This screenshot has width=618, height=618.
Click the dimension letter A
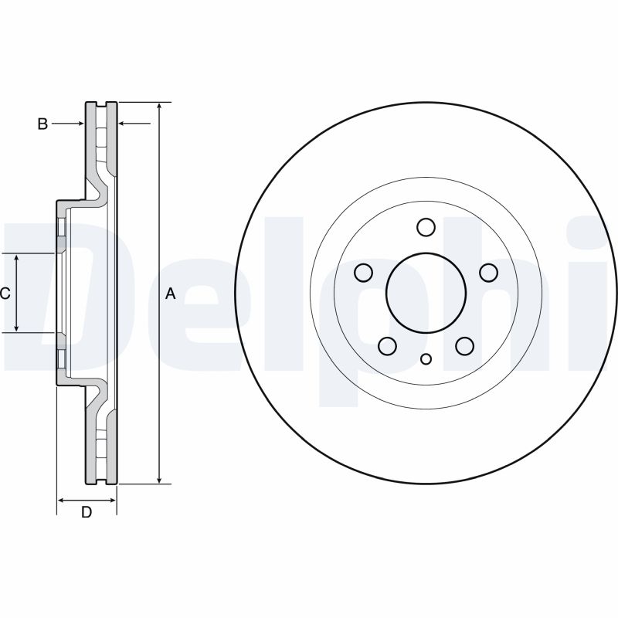click(171, 294)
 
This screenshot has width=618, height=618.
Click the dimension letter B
click(43, 124)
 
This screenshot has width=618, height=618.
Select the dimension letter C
click(5, 294)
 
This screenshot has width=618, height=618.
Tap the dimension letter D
click(87, 512)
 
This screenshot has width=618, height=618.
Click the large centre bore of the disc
click(426, 293)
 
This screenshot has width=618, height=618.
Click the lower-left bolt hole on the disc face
click(388, 346)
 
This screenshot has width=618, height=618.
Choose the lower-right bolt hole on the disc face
click(464, 346)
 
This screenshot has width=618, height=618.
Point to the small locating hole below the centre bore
click(426, 358)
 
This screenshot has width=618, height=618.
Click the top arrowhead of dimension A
click(159, 107)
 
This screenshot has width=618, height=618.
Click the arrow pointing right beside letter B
click(79, 124)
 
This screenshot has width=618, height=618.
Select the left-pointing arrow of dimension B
click(122, 124)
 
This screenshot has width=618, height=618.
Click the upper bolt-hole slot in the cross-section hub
click(59, 228)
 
